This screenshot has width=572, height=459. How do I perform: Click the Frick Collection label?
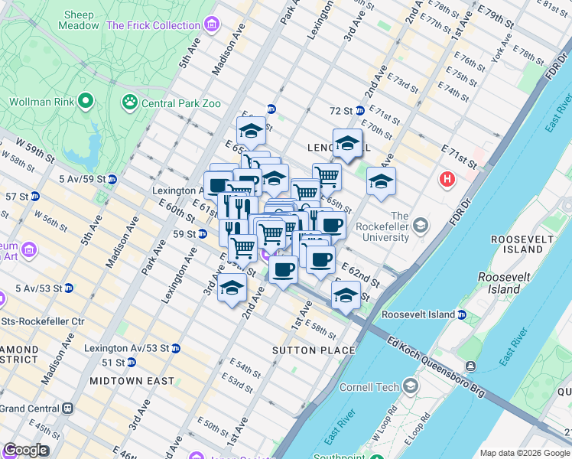tap(153, 25)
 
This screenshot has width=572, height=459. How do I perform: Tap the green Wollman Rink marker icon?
tap(86, 101)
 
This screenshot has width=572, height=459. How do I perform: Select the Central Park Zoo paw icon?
tap(129, 101)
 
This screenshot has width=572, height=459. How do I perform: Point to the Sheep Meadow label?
tap(79, 20)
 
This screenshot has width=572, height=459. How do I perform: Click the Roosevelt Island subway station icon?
tap(462, 314)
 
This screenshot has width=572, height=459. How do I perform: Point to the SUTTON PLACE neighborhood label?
tap(314, 350)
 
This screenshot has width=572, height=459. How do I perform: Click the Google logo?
tap(25, 450)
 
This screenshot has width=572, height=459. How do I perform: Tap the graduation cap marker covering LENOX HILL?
tap(347, 144)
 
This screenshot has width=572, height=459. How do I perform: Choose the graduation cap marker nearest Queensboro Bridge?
tap(346, 295)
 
